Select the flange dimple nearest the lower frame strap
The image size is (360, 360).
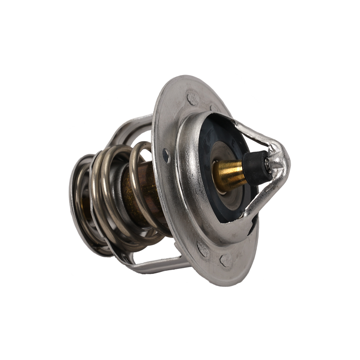tap(203, 248)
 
